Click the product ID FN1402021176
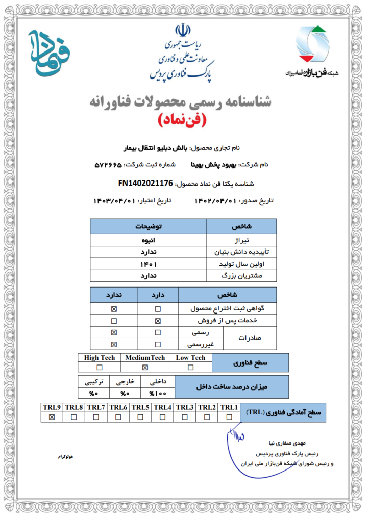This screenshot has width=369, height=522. pos(145,182)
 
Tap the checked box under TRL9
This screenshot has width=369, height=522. pos(52,417)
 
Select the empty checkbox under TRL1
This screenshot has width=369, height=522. pos(228,417)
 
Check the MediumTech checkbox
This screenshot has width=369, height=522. pos(145,367)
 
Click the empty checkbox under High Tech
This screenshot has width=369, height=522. pos(100,367)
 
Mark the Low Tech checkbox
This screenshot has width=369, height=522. pos(190,367)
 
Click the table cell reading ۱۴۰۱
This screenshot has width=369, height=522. pos(148,264)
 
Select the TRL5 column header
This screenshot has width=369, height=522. pos(140,407)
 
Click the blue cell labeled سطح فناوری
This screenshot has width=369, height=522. pos(250,362)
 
